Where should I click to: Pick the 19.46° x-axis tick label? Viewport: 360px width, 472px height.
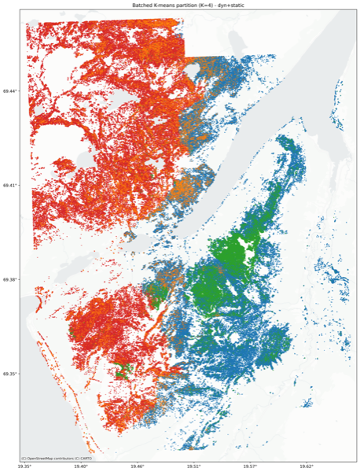coord(138,466)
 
